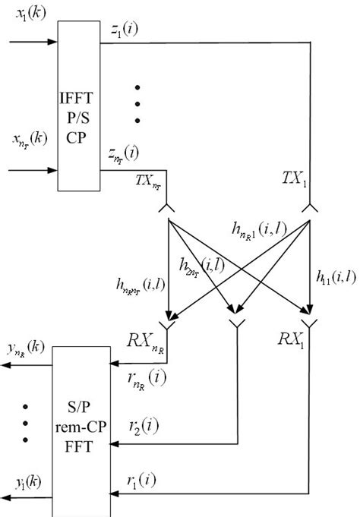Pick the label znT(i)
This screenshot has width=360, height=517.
pyautogui.click(x=123, y=155)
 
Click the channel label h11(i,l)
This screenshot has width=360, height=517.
pyautogui.click(x=334, y=278)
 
